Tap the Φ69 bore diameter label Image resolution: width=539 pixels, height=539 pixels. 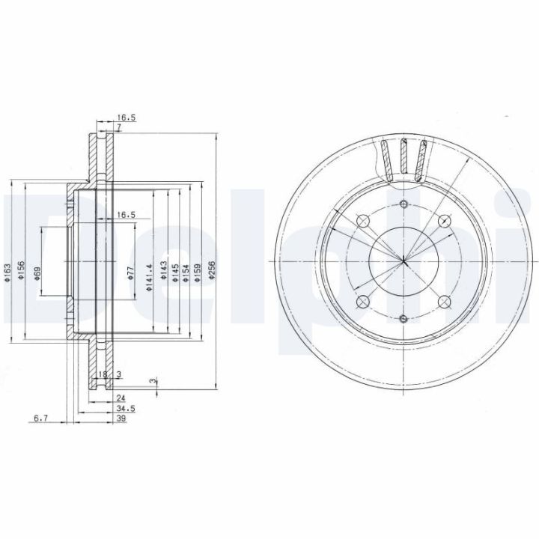[37, 274]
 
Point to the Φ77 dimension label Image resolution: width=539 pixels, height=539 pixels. [130, 274]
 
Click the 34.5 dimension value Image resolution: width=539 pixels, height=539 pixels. [126, 409]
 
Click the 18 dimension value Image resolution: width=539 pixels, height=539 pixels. [103, 374]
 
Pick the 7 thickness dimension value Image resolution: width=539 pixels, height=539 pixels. [118, 127]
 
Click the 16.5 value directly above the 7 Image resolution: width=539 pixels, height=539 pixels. [124, 117]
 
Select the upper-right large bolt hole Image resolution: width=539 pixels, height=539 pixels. [444, 221]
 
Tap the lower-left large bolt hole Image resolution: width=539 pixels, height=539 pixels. [362, 302]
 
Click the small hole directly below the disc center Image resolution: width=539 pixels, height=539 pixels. [403, 319]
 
